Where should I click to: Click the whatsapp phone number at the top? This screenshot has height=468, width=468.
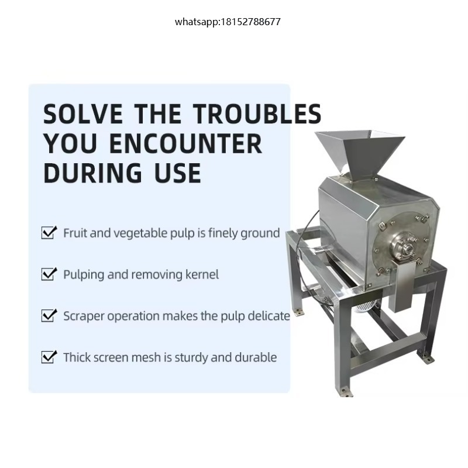click(228, 22)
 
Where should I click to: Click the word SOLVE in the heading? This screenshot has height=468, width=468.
click(82, 113)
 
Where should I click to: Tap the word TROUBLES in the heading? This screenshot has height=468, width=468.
click(257, 113)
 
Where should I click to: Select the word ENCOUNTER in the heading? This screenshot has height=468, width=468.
click(185, 143)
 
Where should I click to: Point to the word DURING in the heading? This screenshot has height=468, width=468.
click(92, 173)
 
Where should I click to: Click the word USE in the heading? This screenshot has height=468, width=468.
click(178, 173)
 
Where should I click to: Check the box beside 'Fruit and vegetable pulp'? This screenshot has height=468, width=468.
click(49, 232)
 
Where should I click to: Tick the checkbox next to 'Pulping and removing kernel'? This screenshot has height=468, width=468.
click(49, 274)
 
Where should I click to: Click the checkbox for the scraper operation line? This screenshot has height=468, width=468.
click(49, 315)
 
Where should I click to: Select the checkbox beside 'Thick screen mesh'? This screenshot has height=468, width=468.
click(49, 357)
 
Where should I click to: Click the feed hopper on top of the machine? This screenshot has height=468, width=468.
click(360, 154)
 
